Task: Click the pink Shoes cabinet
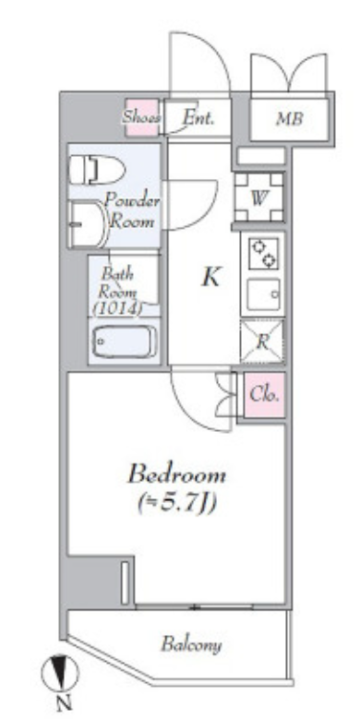[143, 117]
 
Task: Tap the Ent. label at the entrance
[198, 118]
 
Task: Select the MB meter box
[289, 119]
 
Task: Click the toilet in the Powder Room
[97, 170]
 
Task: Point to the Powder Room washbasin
[89, 224]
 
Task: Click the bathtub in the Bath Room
[125, 342]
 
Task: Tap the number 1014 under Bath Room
[117, 309]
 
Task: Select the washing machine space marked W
[259, 198]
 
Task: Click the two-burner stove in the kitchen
[264, 254]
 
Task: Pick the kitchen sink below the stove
[264, 294]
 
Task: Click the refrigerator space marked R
[262, 342]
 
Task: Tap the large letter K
[211, 278]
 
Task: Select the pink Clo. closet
[264, 395]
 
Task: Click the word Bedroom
[177, 474]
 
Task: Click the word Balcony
[191, 645]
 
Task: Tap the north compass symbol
[60, 672]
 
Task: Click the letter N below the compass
[65, 703]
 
